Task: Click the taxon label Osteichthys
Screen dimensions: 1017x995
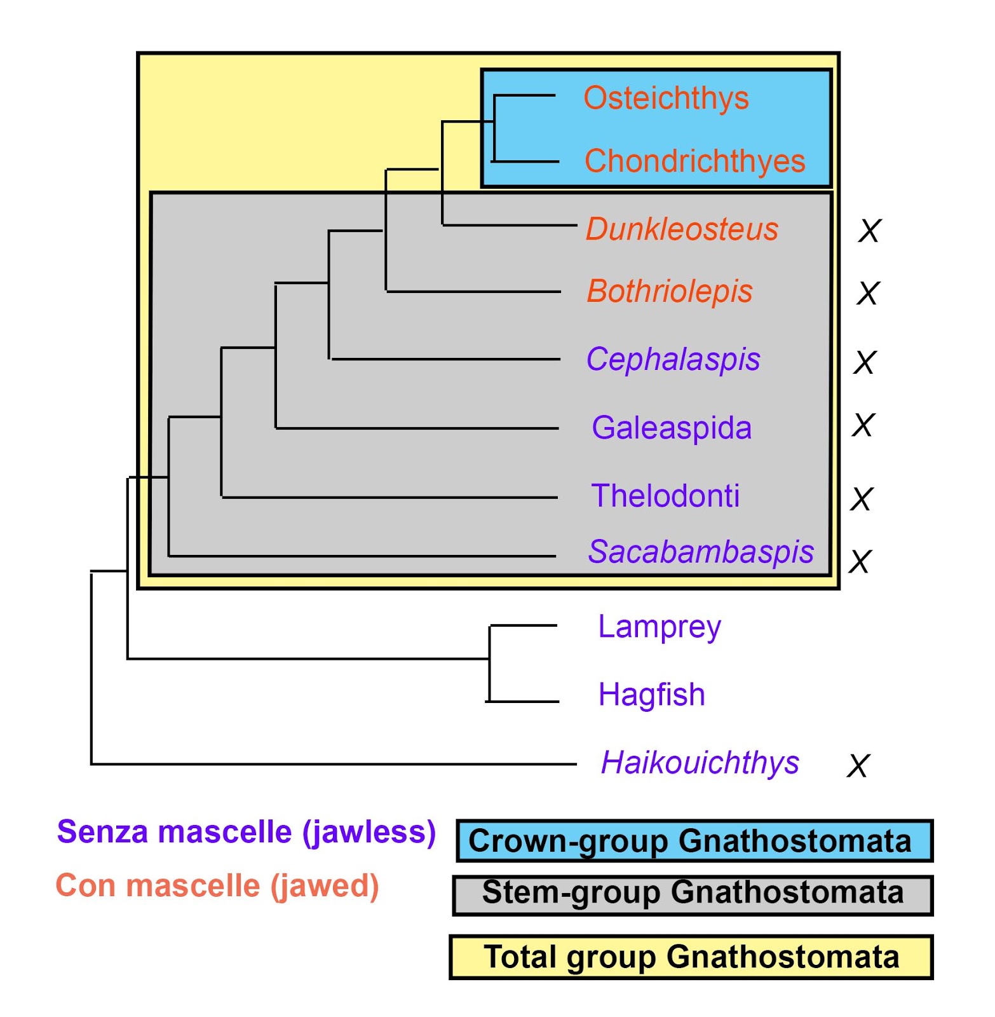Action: pyautogui.click(x=666, y=99)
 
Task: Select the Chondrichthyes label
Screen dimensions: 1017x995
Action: pyautogui.click(x=694, y=161)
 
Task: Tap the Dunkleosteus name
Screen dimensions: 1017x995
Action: pyautogui.click(x=682, y=229)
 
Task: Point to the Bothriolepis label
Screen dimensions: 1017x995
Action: pyautogui.click(x=669, y=292)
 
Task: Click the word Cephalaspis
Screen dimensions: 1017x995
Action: pyautogui.click(x=673, y=359)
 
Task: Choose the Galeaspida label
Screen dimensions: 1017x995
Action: pyautogui.click(x=672, y=428)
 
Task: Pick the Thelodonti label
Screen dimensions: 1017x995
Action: pyautogui.click(x=665, y=496)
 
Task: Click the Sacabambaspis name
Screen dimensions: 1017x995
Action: pyautogui.click(x=701, y=552)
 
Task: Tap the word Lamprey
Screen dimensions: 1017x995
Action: pyautogui.click(x=660, y=627)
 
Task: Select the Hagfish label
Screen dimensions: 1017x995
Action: pyautogui.click(x=652, y=695)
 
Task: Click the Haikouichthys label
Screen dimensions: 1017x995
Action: pyautogui.click(x=700, y=763)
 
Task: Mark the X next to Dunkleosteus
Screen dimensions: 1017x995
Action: pyautogui.click(x=869, y=231)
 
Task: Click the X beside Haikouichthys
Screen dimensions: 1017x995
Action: pyautogui.click(x=858, y=766)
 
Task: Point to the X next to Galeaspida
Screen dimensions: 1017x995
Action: pyautogui.click(x=863, y=425)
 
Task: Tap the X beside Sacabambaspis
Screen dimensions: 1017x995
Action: pyautogui.click(x=860, y=562)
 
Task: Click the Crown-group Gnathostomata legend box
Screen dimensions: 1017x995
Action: pyautogui.click(x=694, y=841)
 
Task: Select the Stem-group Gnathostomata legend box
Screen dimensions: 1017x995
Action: pyautogui.click(x=693, y=895)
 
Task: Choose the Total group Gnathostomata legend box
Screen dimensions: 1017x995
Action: pyautogui.click(x=691, y=957)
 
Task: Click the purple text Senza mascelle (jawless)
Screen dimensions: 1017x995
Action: pyautogui.click(x=246, y=832)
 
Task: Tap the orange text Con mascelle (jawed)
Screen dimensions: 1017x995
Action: pyautogui.click(x=217, y=886)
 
